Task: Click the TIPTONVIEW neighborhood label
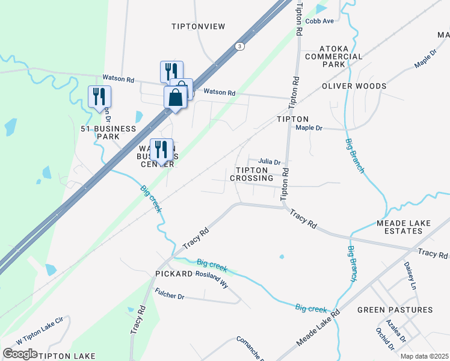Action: (x=198, y=26)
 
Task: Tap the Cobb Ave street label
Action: (x=319, y=21)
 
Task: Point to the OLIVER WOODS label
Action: (x=354, y=86)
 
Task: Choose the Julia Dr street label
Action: (x=270, y=162)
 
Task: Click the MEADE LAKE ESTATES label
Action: (x=404, y=227)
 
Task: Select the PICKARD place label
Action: (x=173, y=274)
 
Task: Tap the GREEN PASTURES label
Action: (x=395, y=310)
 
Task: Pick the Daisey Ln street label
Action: (x=410, y=274)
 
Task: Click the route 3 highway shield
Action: (x=240, y=46)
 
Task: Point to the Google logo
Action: (x=20, y=354)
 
